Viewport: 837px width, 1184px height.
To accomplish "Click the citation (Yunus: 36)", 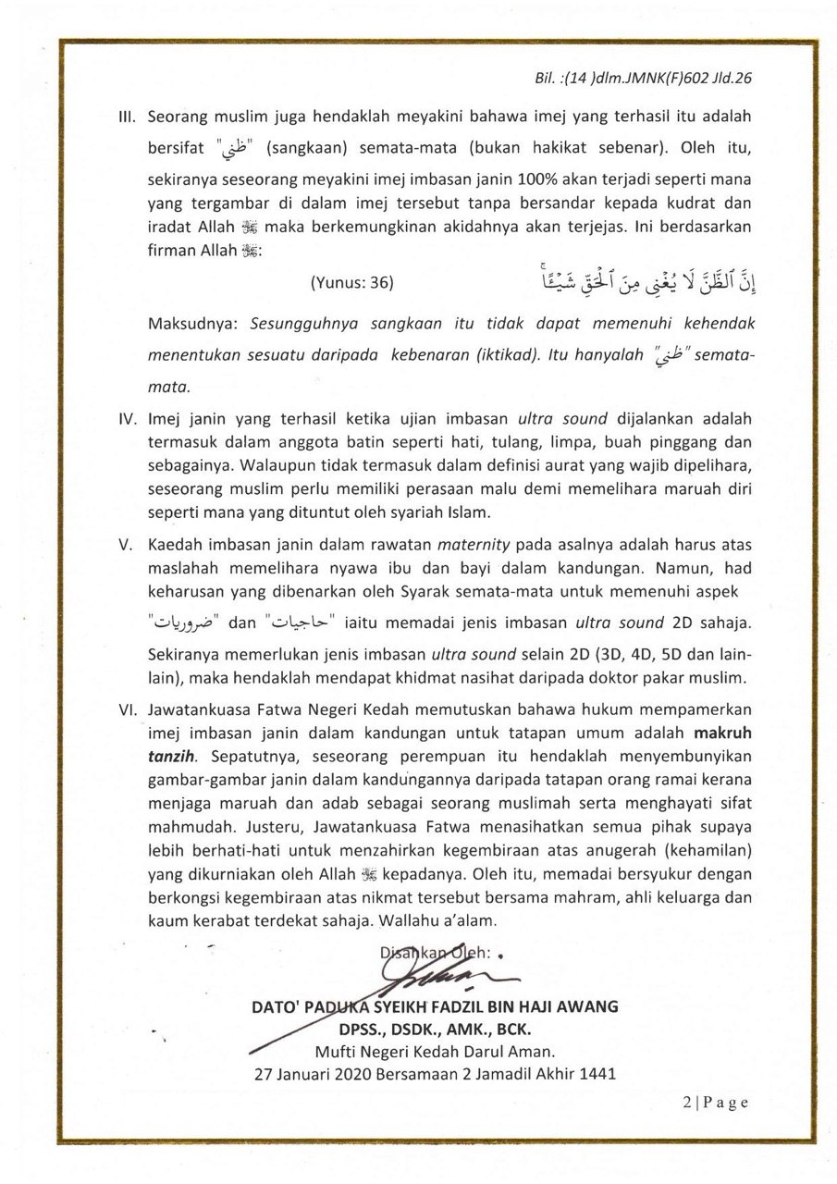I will pyautogui.click(x=352, y=284).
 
